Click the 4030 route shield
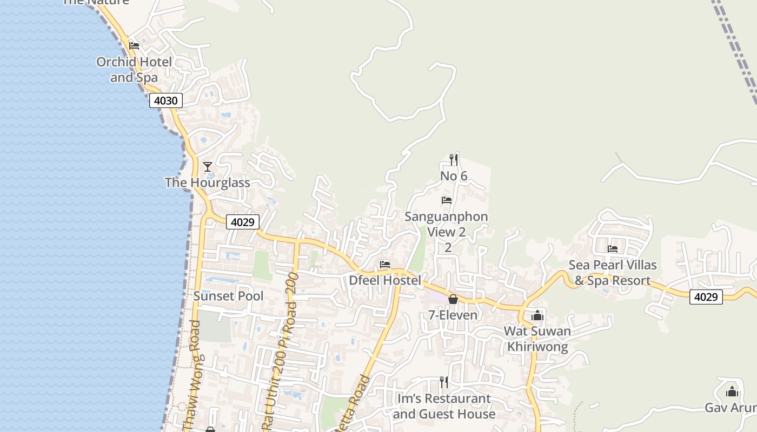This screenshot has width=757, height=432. tap(165, 100)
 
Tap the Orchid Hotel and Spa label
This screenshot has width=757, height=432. tap(134, 70)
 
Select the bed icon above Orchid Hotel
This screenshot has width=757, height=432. tap(134, 45)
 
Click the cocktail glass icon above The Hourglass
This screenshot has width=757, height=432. tap(208, 166)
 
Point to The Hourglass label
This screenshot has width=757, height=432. tap(208, 183)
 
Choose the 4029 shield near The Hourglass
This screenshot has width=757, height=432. tap(243, 222)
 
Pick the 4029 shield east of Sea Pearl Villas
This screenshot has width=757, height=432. tap(706, 297)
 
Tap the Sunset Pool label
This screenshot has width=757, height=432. tap(229, 296)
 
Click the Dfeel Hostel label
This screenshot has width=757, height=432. tap(385, 280)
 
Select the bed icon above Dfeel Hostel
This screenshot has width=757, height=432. tap(385, 265)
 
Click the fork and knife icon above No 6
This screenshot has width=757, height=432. tap(454, 159)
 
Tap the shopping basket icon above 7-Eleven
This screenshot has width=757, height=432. tap(453, 299)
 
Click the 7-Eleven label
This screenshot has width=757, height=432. tap(453, 315)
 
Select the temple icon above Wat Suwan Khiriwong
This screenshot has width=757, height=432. tap(537, 315)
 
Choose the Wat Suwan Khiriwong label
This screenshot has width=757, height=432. tap(537, 339)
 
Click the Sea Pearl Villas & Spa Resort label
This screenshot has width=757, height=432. tap(613, 273)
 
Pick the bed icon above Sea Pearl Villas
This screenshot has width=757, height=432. tap(613, 249)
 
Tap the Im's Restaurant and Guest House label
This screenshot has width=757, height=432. tap(444, 406)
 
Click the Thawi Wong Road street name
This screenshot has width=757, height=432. tap(192, 378)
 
